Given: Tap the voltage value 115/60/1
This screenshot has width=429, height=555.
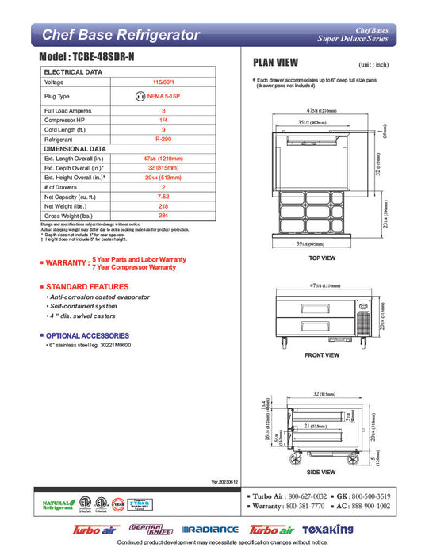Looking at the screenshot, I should point(163,82).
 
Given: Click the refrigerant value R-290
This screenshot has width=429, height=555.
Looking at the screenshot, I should point(163,139).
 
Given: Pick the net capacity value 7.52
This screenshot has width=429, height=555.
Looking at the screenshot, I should point(163,195).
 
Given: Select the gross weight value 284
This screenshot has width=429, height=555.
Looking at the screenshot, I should point(163,214).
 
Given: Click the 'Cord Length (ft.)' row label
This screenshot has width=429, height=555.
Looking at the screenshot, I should point(68,129).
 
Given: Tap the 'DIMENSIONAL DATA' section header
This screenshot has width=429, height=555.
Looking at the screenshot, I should point(75,148).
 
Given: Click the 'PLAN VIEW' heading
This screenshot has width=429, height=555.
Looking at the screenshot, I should point(275,62).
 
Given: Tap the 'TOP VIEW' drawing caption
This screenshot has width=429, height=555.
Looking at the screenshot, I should point(322,258).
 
